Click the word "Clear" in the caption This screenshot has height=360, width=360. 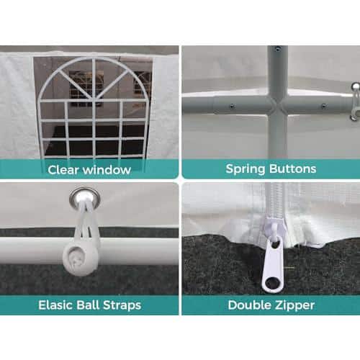(x=63, y=170)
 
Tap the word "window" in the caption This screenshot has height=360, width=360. (x=107, y=170)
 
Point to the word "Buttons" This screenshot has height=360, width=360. (x=293, y=168)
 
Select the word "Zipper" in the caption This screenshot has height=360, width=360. (x=294, y=306)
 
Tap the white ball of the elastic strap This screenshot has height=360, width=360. (x=81, y=257)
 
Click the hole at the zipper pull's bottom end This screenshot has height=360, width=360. (x=272, y=283)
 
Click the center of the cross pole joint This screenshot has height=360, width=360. (x=277, y=106)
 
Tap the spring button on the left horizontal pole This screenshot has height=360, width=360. (x=232, y=106)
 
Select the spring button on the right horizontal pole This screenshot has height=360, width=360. (x=324, y=106)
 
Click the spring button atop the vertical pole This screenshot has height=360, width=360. (x=278, y=49)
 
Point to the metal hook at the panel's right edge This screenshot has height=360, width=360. (x=355, y=101)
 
